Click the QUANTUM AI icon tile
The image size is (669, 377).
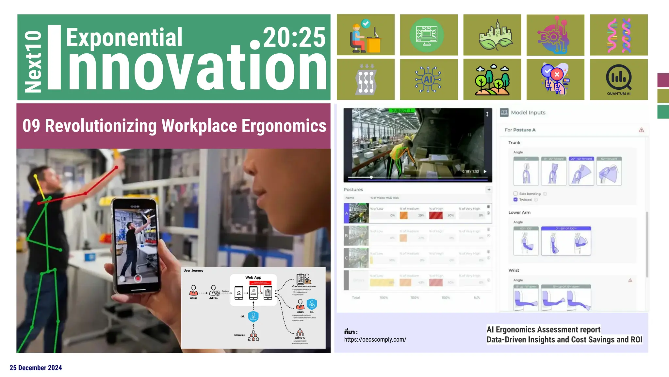[618, 80]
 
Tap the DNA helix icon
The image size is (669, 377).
[618, 35]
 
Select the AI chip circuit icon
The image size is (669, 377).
[428, 80]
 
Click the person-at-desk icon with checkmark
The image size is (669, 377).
[365, 35]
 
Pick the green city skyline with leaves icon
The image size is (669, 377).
[492, 35]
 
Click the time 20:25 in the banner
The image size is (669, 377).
[294, 37]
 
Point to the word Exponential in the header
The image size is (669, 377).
[124, 37]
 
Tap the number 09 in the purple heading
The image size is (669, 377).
[31, 126]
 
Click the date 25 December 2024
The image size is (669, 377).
[36, 368]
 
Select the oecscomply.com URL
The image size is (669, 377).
[375, 340]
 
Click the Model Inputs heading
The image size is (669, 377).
[528, 113]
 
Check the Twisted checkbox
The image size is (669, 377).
[515, 200]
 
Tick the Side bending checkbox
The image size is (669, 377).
[515, 194]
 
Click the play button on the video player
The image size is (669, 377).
[485, 171]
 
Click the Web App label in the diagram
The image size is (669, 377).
[253, 278]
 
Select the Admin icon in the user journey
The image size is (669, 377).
[214, 291]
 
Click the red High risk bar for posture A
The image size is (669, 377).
[436, 215]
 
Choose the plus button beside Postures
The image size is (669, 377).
[489, 189]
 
